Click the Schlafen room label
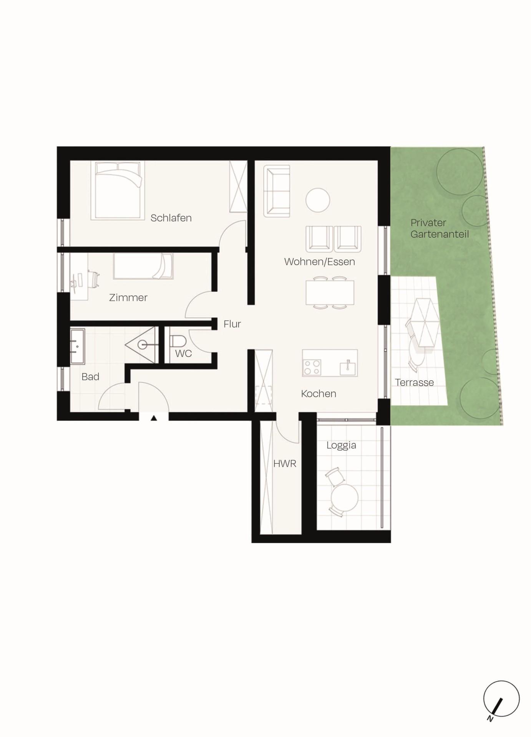coord(171,218)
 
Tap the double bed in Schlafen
coord(118,191)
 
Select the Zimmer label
coord(128,297)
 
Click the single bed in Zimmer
coord(143,266)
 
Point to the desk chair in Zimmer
coord(94,279)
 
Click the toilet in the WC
coord(178,340)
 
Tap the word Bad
coord(90,377)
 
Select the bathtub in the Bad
coord(77,346)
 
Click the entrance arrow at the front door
coord(154,418)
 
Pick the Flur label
coord(232,324)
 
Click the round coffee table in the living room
coord(317,200)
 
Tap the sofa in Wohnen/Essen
coord(277,191)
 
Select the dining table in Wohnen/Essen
coord(330,292)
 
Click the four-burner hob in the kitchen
coord(312,367)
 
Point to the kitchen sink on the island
coord(348,368)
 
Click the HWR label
coord(285,464)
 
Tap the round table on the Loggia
coord(345,497)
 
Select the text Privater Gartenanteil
coord(439,228)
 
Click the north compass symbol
coord(501,699)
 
